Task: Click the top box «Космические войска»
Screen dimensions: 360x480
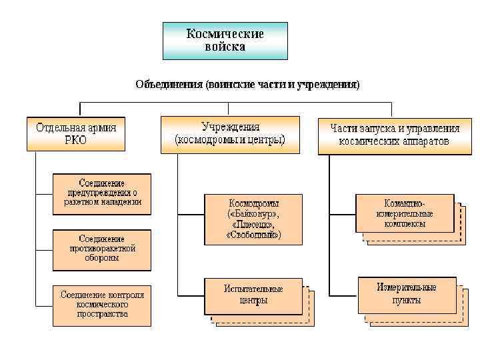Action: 225,40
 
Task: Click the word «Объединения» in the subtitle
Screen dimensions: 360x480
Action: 169,85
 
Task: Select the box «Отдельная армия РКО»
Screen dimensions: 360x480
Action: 76,133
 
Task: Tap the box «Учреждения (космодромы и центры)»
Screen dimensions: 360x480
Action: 230,133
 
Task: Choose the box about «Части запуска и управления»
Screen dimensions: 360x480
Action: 390,135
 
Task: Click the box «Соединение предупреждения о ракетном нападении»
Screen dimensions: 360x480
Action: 102,193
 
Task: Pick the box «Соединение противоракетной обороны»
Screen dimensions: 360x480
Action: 102,249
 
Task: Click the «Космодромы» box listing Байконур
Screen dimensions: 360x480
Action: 253,219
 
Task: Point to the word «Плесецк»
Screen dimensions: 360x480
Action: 253,225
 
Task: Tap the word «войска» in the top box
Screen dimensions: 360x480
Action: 225,47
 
